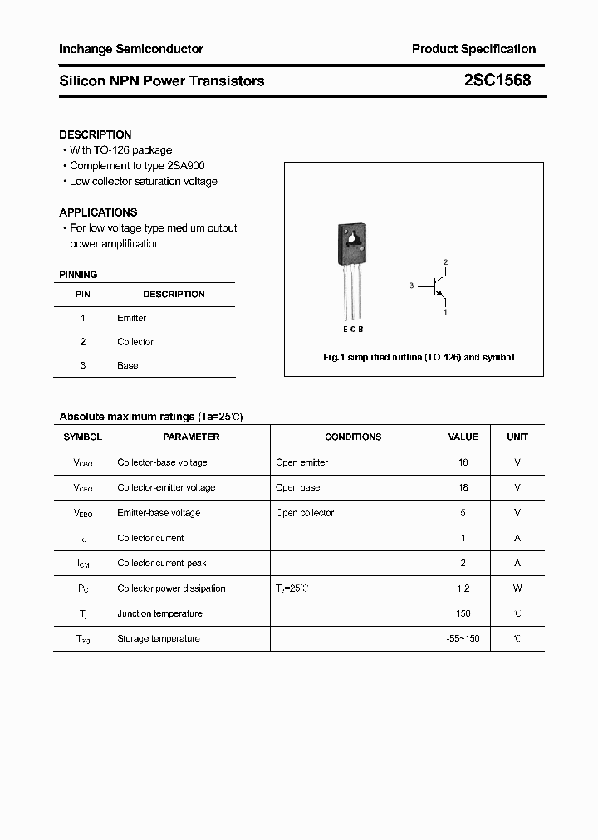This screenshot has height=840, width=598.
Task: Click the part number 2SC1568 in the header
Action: tap(497, 81)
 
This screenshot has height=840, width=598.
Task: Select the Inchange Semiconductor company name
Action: tap(131, 49)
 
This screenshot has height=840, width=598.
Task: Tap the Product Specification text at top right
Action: tap(473, 49)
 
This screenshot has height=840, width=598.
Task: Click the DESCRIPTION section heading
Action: tap(96, 134)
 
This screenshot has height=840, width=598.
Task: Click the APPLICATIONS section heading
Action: tap(98, 212)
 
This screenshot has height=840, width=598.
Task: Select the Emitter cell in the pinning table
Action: tap(131, 318)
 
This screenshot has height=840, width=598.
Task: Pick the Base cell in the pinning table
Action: tap(127, 365)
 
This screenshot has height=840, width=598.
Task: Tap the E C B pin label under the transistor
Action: tap(351, 330)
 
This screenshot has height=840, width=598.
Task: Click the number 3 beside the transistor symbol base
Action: tap(411, 286)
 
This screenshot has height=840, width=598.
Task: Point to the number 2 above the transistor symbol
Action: tap(445, 262)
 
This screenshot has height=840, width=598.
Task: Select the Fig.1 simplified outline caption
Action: tap(418, 357)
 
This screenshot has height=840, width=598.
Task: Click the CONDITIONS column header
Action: tap(353, 437)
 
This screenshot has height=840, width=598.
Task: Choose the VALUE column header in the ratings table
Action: tap(463, 437)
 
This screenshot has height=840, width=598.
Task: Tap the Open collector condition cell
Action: tap(305, 513)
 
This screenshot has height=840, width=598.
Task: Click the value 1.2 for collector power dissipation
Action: tap(463, 588)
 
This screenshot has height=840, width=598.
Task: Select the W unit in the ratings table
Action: tap(517, 588)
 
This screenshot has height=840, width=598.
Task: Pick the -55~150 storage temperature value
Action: tap(463, 638)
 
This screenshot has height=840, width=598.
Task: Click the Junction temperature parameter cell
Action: tap(159, 613)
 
